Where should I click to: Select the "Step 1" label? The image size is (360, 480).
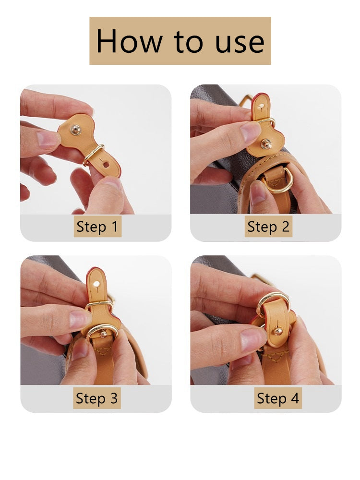pyautogui.click(x=97, y=227)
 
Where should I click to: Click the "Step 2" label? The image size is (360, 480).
pyautogui.click(x=268, y=227)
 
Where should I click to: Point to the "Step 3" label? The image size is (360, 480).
pyautogui.click(x=97, y=398)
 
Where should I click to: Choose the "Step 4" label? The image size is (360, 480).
pyautogui.click(x=277, y=398)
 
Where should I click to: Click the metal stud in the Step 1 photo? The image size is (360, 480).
pyautogui.click(x=76, y=130)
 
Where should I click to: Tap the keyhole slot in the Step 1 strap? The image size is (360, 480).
pyautogui.click(x=105, y=164)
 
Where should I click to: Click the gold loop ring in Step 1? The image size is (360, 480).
pyautogui.click(x=93, y=154)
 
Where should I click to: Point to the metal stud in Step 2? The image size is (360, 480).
pyautogui.click(x=266, y=144)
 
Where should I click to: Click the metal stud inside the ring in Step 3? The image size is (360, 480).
pyautogui.click(x=103, y=334)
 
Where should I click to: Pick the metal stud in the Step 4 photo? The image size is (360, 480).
pyautogui.click(x=277, y=331)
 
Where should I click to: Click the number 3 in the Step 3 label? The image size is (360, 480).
pyautogui.click(x=114, y=398)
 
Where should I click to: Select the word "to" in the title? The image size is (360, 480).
pyautogui.click(x=188, y=42)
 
